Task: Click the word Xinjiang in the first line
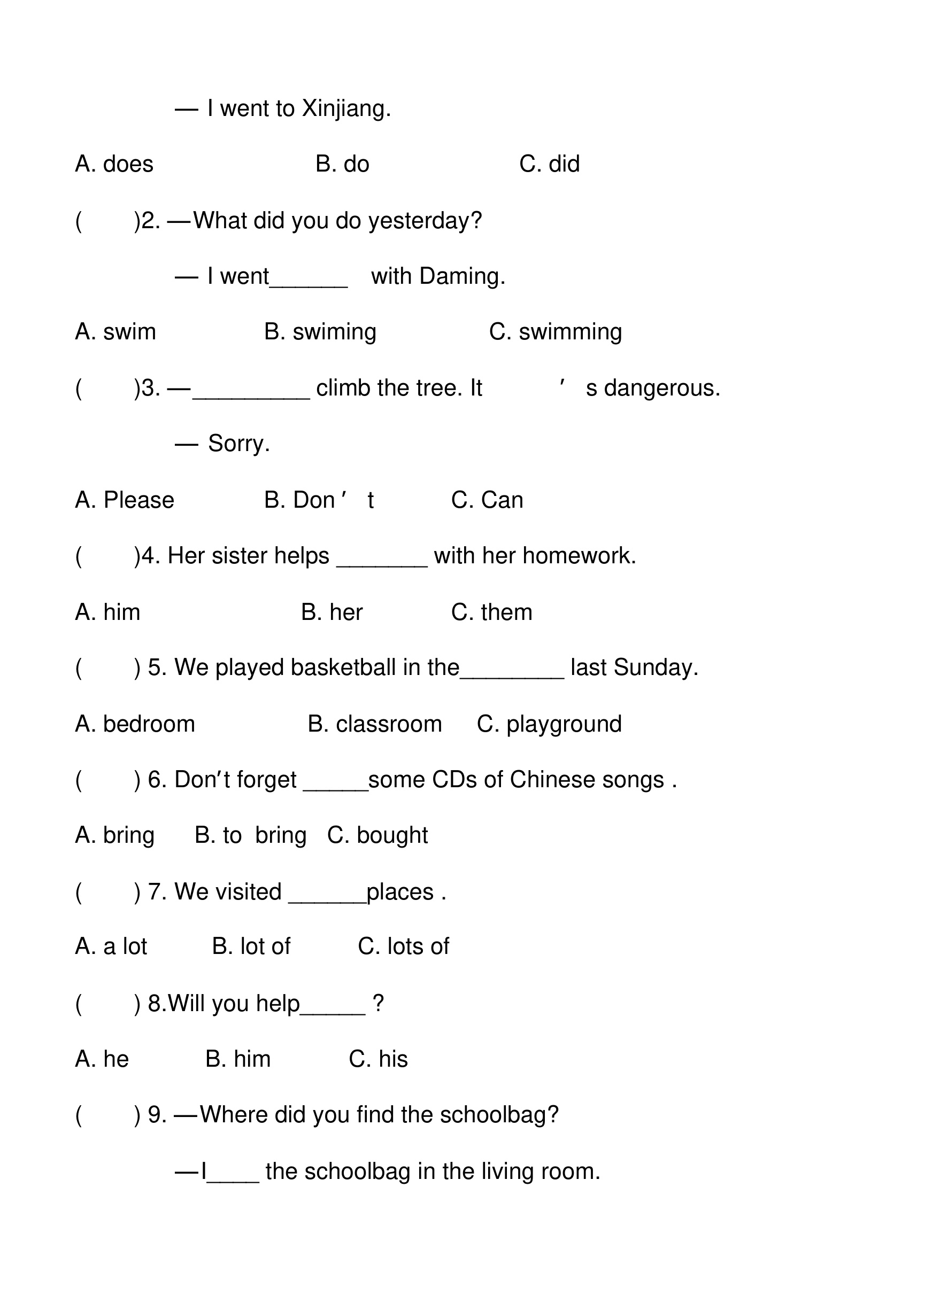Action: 345,108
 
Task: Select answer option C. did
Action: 549,164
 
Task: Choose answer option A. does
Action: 114,164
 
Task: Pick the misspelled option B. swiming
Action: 320,332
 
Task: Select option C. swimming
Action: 556,332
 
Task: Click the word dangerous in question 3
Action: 661,388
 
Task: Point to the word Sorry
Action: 238,444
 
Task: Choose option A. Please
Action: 125,500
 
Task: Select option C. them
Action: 491,612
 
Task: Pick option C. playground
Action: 549,724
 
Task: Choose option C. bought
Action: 377,835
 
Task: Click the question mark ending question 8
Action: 378,1003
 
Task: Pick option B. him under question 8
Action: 238,1059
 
